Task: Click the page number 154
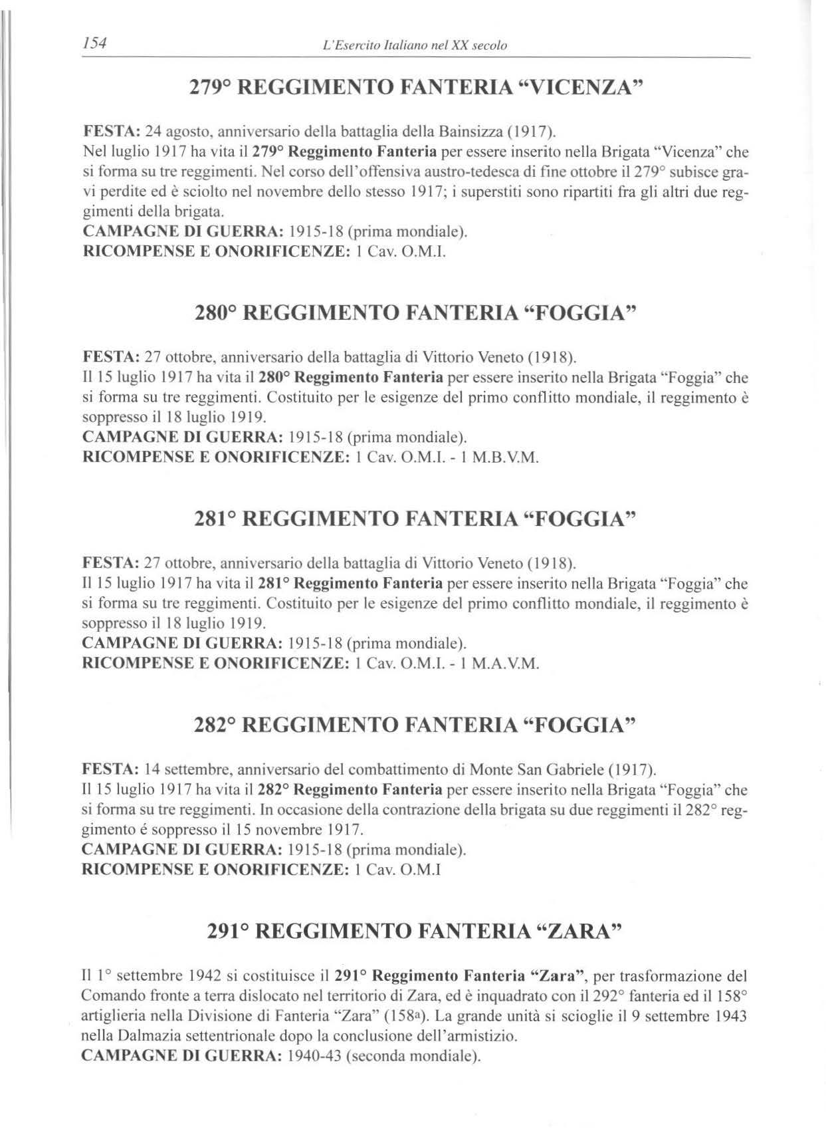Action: (96, 44)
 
